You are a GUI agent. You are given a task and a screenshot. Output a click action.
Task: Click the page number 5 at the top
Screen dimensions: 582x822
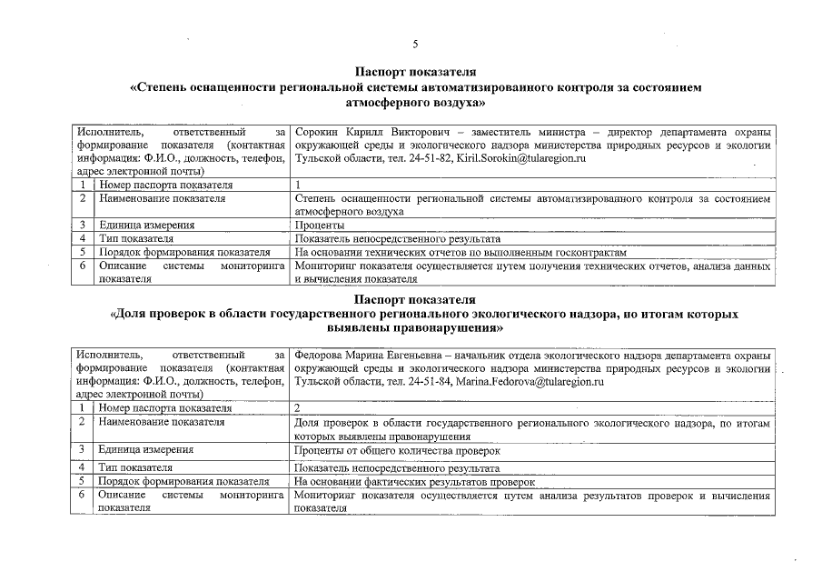click(x=415, y=44)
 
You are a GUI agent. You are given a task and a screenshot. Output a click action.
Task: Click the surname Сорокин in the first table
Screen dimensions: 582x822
click(x=319, y=132)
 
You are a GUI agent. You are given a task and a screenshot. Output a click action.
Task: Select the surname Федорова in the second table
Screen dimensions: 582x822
click(x=323, y=354)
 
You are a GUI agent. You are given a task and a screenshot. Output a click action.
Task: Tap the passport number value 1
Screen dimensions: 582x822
click(x=299, y=186)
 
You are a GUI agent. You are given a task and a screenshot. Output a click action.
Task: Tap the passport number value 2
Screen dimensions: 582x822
click(x=299, y=408)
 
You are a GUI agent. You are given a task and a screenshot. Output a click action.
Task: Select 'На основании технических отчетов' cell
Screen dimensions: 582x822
click(x=461, y=252)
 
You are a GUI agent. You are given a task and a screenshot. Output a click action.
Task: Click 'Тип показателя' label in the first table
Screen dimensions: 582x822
click(x=136, y=238)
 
